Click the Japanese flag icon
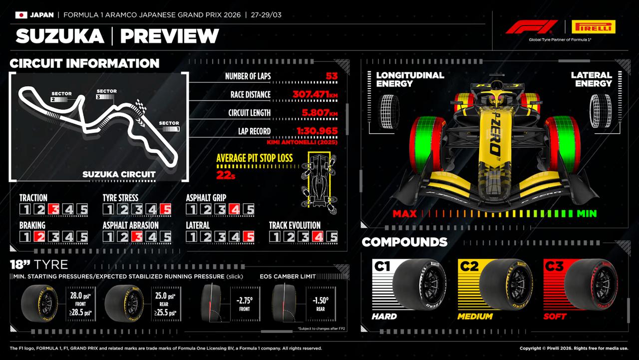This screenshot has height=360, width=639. (x=21, y=15)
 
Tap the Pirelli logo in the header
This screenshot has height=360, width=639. (x=593, y=27)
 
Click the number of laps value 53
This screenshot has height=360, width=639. (x=331, y=76)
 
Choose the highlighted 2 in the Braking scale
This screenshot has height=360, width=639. (x=40, y=237)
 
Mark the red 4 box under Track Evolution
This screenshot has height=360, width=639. (x=318, y=237)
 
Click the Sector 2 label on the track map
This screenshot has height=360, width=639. (x=61, y=96)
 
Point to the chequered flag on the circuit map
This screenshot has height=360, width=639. (x=141, y=106)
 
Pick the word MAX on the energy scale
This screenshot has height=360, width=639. (x=404, y=214)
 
